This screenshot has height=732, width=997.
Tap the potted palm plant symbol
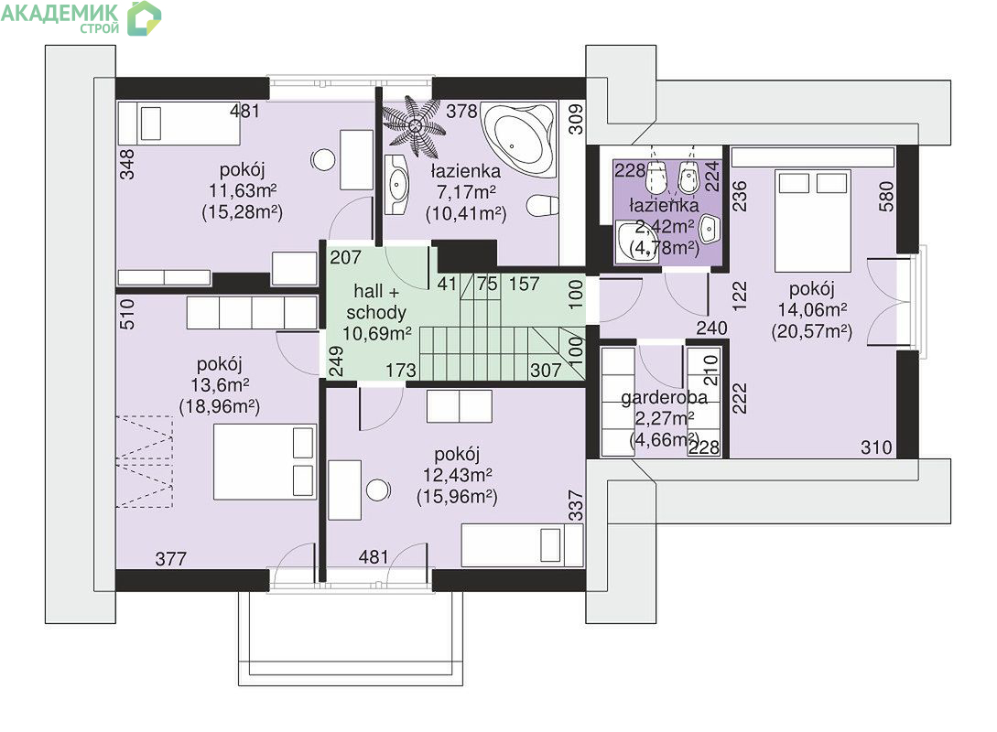click(x=413, y=126)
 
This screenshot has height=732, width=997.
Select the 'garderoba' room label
click(x=664, y=398)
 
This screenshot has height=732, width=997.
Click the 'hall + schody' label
click(x=376, y=302)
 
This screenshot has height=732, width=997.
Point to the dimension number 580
click(x=885, y=197)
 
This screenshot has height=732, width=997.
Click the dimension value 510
click(x=127, y=314)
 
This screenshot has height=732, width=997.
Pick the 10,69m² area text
click(x=377, y=333)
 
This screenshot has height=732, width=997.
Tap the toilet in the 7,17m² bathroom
click(x=542, y=206)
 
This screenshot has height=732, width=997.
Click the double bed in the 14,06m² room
click(x=813, y=221)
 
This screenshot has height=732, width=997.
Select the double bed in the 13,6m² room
click(x=265, y=462)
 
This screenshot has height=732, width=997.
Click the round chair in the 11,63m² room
click(x=324, y=160)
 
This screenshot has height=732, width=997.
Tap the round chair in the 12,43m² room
click(x=378, y=490)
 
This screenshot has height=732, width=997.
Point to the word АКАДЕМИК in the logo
click(x=60, y=13)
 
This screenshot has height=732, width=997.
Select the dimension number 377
click(x=171, y=558)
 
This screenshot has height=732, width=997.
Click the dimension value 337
click(x=576, y=505)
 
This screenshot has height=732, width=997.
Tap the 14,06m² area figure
click(x=812, y=309)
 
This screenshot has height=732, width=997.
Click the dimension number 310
click(x=876, y=447)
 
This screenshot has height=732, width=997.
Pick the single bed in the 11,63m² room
click(x=179, y=124)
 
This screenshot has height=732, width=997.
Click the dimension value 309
click(x=576, y=119)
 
